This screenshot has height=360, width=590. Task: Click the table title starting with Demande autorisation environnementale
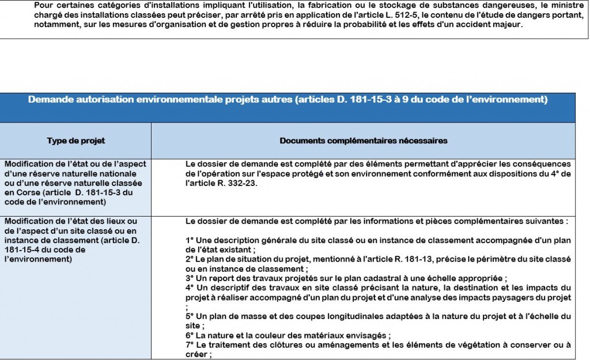click(288, 100)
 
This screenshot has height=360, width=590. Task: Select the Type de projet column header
click(76, 141)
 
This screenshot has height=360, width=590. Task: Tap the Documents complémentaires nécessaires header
click(364, 141)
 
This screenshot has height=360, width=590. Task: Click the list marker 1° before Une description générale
click(190, 240)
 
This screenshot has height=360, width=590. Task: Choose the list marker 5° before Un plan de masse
click(190, 316)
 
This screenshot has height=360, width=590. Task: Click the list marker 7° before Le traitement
click(190, 344)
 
